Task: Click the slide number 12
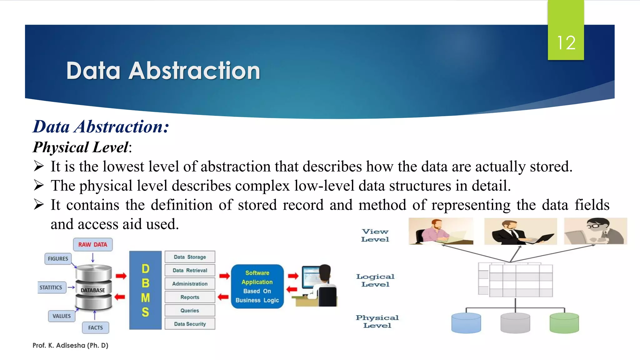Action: [x=566, y=43]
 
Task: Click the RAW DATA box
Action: [x=93, y=244]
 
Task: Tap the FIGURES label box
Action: [x=58, y=259]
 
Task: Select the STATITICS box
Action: [x=51, y=287]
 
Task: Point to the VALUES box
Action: [x=62, y=316]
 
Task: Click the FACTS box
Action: [x=95, y=327]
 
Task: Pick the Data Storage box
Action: [x=190, y=257]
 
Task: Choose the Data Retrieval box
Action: [x=190, y=270]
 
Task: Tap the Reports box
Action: [x=190, y=297]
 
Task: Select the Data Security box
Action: [x=190, y=324]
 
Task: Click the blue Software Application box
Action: [x=257, y=287]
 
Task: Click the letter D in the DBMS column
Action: [x=145, y=269]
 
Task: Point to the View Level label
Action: [x=375, y=235]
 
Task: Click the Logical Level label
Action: [x=375, y=280]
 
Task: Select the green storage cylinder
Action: [x=564, y=323]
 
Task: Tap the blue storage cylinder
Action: [x=466, y=323]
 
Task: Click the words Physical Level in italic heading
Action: [x=81, y=147]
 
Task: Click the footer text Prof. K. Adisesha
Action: [x=70, y=345]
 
